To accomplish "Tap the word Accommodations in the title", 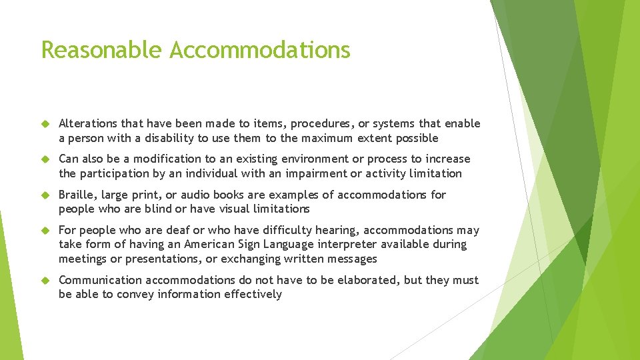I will click(260, 50).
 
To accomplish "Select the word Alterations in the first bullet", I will click(87, 123).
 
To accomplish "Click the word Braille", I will click(75, 195).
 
